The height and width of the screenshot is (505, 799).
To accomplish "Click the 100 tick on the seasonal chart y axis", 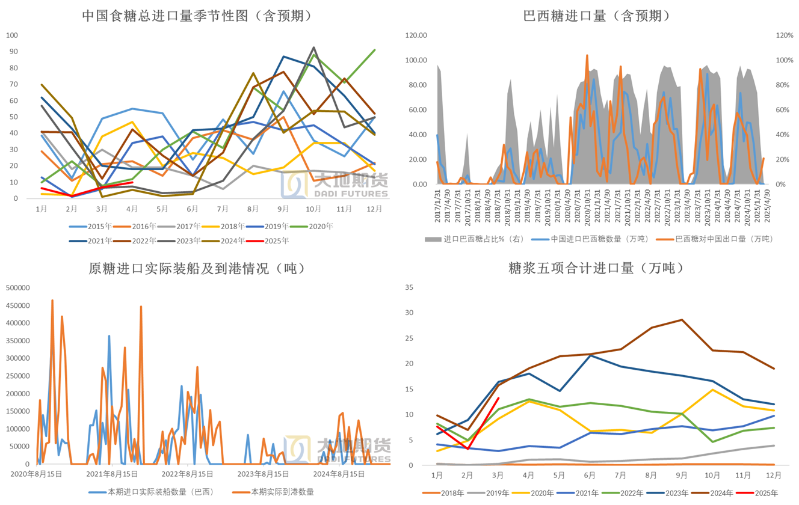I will [11, 35].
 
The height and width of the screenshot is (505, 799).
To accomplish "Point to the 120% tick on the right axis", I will [785, 35].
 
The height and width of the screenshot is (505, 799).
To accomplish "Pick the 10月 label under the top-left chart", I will [313, 209].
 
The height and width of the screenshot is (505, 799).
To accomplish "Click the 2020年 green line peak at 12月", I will [375, 50].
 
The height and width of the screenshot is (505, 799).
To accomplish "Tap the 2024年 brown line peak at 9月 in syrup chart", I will [681, 320].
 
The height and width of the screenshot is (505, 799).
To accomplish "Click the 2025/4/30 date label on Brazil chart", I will [765, 201].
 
